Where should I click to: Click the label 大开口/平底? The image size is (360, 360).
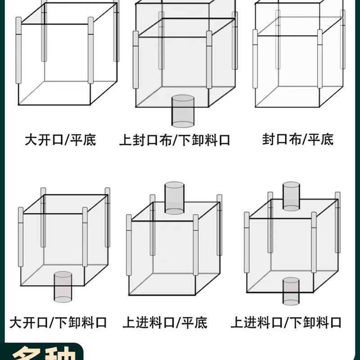click(x=60, y=139)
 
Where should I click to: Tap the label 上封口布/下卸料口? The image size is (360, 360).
click(x=175, y=140)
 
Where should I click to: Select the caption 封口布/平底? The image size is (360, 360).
click(x=298, y=139)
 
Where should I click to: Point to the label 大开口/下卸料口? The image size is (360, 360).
click(x=58, y=323)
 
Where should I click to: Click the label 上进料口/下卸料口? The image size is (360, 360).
click(x=286, y=323)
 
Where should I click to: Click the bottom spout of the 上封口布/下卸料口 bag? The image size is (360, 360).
click(x=183, y=111)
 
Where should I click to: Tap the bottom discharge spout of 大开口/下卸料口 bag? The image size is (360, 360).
click(x=63, y=287)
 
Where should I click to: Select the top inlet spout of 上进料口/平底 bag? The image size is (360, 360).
click(x=174, y=198)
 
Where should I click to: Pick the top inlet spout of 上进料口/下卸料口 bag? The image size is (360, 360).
click(x=291, y=196)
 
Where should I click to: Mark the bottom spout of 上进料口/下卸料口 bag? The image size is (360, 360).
click(x=291, y=291)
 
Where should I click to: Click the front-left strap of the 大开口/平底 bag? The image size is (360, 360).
click(x=18, y=50)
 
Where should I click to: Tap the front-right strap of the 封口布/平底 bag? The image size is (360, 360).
click(x=320, y=58)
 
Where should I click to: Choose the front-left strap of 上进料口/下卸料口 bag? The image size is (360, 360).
click(x=247, y=242)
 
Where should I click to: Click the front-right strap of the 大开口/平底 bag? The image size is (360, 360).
click(x=91, y=50)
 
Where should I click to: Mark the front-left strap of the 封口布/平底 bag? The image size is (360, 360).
click(x=255, y=58)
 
